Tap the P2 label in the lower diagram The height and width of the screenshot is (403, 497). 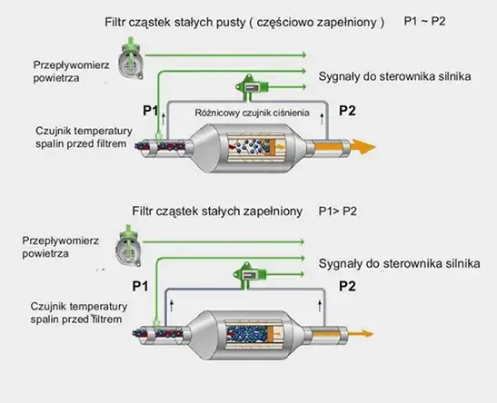point(347,287)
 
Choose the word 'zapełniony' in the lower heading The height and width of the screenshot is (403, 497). point(270,211)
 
